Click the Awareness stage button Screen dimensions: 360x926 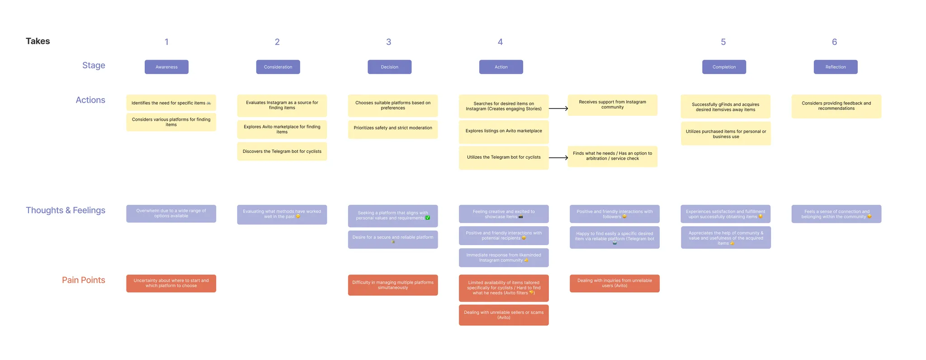coord(166,67)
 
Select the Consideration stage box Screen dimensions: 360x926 coord(278,67)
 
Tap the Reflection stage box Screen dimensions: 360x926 coord(835,67)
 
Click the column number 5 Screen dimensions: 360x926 coord(723,42)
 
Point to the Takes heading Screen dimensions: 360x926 coord(38,41)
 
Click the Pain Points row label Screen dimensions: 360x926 coord(83,280)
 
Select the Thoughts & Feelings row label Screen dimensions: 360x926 coord(66,210)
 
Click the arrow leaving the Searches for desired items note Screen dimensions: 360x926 coord(558,109)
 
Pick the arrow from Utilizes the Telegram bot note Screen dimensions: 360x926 coord(558,158)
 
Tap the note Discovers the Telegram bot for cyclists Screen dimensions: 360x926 coord(282,152)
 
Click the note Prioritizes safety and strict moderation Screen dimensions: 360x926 coord(392,128)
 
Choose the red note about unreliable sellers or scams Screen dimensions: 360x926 coord(504,315)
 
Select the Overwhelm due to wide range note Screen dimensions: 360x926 coord(171,213)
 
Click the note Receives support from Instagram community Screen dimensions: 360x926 coord(612,104)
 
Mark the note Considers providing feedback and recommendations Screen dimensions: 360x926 coord(836,106)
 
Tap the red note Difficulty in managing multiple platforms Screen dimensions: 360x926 coord(392,285)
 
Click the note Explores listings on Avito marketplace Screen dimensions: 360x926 coord(504,131)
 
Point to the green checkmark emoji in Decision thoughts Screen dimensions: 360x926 coord(428,218)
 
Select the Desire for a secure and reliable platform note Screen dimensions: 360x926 coord(392,239)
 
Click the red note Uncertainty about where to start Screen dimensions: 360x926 coord(171,283)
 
